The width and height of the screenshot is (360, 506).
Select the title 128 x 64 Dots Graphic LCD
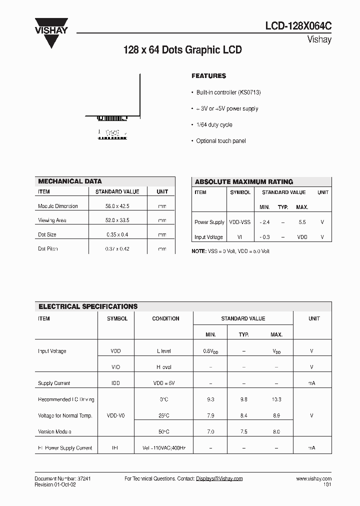coord(182,50)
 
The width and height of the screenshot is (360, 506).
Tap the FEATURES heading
coord(208,76)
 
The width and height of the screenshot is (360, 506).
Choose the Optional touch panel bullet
coord(220,141)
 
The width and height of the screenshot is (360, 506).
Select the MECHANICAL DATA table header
coord(70,181)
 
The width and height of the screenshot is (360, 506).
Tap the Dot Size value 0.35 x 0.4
coord(116,234)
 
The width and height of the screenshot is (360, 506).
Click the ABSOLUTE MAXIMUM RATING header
coord(243,182)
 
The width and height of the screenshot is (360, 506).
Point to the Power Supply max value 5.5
coord(301,222)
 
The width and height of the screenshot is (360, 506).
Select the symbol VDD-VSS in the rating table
coord(240,222)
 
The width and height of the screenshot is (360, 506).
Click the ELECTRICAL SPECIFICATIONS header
coord(88,306)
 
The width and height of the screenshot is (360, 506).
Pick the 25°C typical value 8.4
coord(243,415)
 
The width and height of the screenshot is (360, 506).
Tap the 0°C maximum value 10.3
coord(276,399)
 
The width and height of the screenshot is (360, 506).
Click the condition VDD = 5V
coord(163,383)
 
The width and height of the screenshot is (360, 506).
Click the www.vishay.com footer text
coord(313,479)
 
